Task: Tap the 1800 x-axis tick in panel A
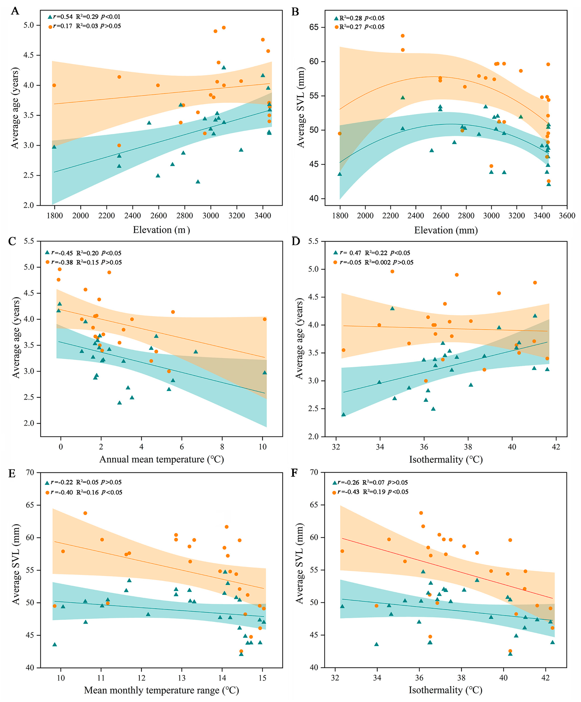coord(54,216)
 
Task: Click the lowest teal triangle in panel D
coord(343,415)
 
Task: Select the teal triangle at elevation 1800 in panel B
coord(340,174)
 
